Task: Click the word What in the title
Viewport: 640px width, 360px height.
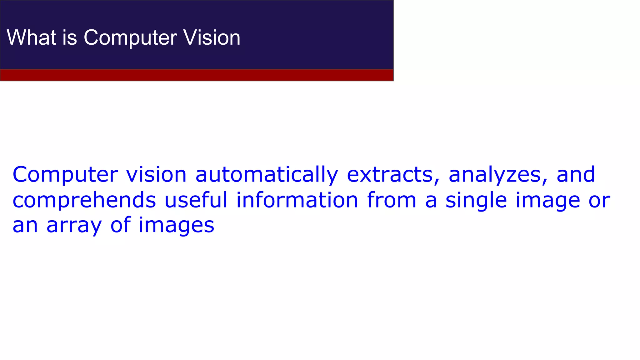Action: click(31, 37)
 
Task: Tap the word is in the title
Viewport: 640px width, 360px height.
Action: click(69, 37)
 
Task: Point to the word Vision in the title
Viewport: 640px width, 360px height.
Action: click(212, 37)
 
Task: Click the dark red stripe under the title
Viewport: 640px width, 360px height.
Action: click(197, 75)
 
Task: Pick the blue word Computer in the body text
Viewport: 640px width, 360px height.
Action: click(65, 175)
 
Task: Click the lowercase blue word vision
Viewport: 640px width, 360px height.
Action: click(156, 175)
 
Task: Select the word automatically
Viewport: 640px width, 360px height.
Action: click(267, 175)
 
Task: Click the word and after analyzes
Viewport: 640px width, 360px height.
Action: click(576, 175)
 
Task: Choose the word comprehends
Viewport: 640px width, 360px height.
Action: click(84, 200)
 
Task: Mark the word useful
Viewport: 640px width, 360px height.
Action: click(196, 200)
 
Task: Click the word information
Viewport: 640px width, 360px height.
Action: click(297, 200)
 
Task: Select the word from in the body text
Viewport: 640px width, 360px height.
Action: click(392, 200)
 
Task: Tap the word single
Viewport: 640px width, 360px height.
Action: click(476, 200)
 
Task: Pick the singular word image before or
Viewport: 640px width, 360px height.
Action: click(548, 200)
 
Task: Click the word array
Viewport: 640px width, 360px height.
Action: click(74, 225)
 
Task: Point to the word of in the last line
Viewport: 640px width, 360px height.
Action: click(120, 225)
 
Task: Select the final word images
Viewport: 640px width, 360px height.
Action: click(176, 225)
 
